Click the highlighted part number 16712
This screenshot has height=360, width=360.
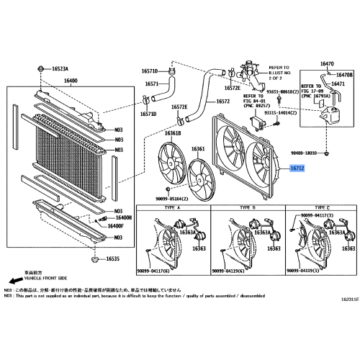[x=297, y=169]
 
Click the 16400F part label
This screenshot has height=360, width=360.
[x=115, y=226]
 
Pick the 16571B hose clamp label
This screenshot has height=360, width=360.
[x=149, y=72]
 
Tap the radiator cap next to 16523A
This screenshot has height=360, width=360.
[x=37, y=68]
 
